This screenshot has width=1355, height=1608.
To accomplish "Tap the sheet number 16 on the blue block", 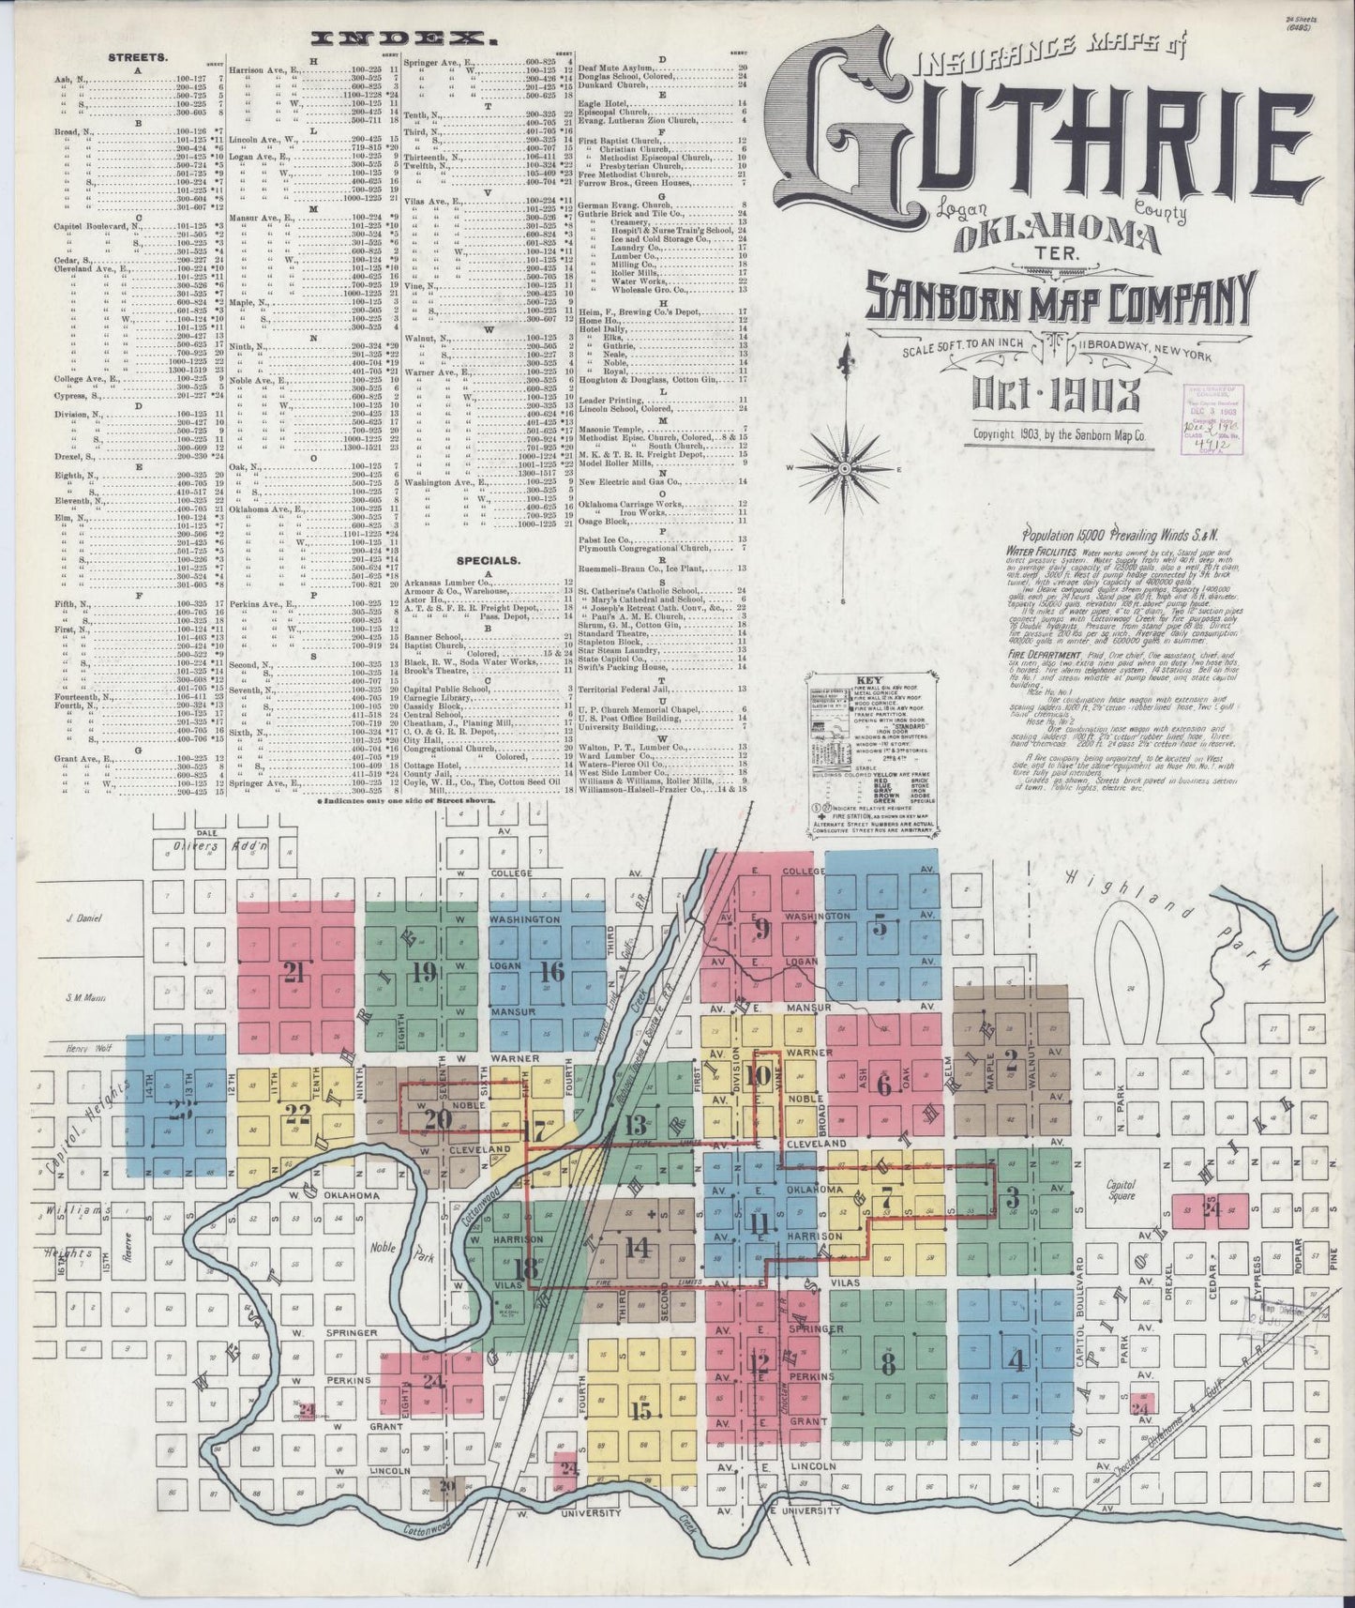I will (552, 972).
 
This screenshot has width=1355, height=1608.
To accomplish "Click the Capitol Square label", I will (1121, 1190).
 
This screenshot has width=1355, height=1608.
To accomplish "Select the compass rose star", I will (844, 466).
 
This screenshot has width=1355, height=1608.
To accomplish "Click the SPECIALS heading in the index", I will (488, 560).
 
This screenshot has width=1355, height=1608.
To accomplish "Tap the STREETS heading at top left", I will (138, 56).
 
